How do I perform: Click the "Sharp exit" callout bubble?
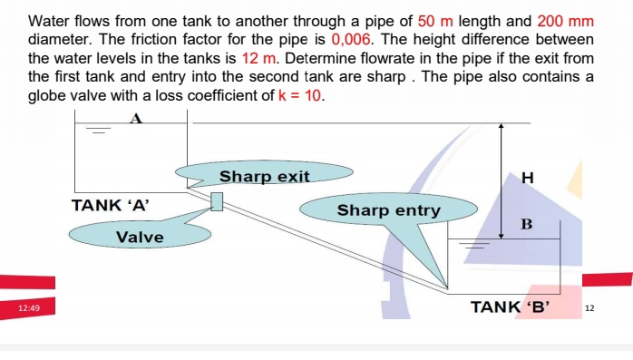264,176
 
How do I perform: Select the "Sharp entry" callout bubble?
388,210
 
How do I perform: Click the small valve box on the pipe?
217,201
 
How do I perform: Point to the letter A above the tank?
137,117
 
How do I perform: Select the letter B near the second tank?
526,224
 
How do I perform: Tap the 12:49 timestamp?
29,309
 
